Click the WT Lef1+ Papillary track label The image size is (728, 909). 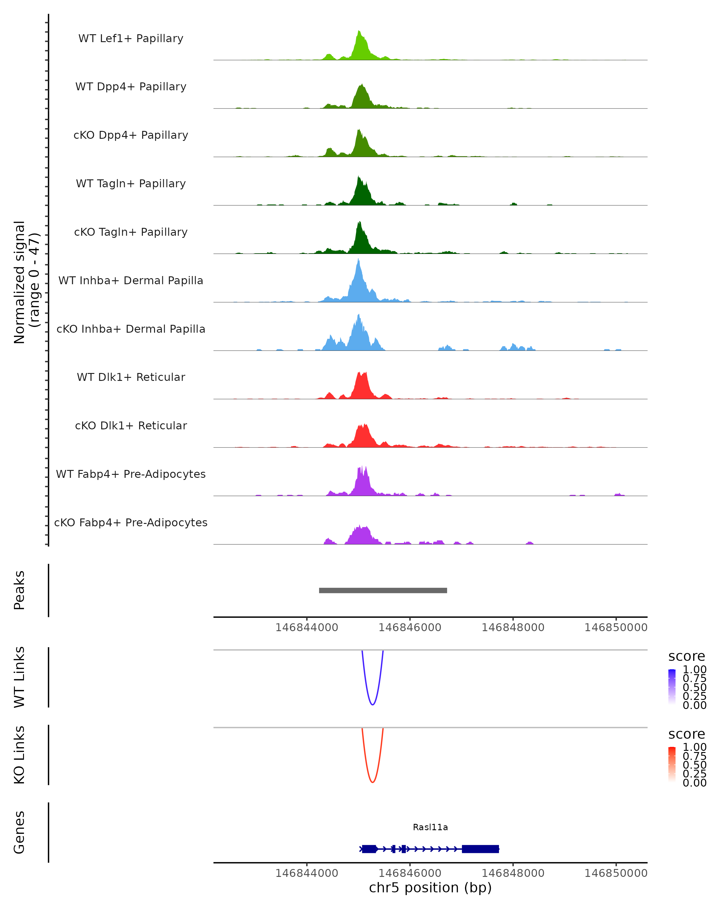point(131,38)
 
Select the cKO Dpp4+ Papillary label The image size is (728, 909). point(131,135)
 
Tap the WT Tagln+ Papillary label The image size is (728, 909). point(131,184)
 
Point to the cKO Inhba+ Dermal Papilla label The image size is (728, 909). point(131,329)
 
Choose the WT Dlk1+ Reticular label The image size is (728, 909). point(131,377)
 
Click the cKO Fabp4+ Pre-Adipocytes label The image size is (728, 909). point(131,523)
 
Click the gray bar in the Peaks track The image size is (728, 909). point(383,591)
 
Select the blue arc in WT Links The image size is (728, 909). point(372,704)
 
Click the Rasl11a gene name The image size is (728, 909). point(430,827)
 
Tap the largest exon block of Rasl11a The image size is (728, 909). point(480,849)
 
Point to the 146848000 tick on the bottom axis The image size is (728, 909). point(513,873)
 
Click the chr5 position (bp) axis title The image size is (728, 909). point(430,888)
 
